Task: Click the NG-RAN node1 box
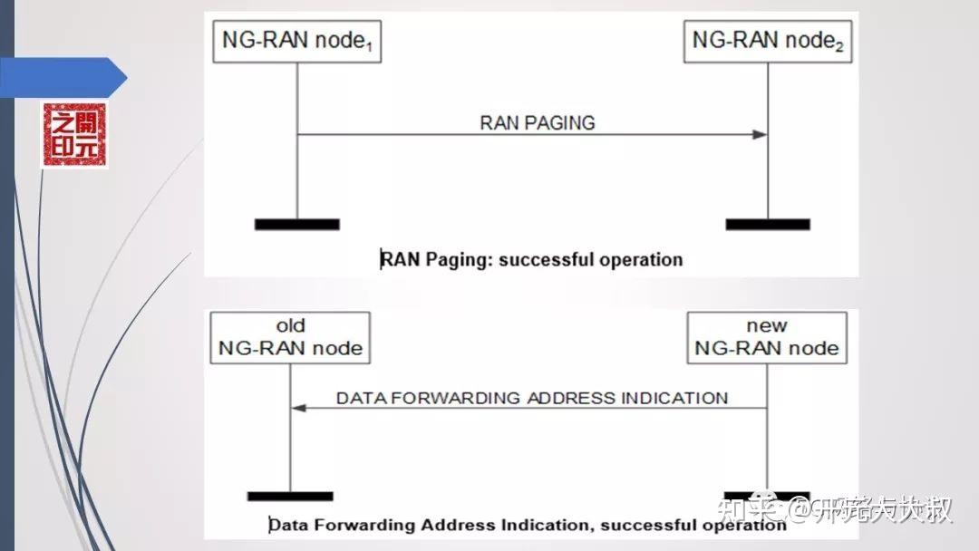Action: (296, 42)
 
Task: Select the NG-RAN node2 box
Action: (767, 42)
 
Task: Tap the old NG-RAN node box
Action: (290, 337)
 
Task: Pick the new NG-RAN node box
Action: (767, 337)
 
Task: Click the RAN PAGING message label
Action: (538, 123)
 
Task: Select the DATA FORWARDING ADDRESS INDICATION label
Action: (532, 398)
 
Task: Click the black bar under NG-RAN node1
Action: (296, 224)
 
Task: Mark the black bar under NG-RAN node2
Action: (767, 224)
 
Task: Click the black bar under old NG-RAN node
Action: (290, 496)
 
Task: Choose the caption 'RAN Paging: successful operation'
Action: (531, 260)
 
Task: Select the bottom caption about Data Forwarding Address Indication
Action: (528, 525)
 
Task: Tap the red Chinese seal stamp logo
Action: (73, 135)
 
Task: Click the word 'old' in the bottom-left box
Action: (290, 325)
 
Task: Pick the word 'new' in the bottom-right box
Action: (767, 325)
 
